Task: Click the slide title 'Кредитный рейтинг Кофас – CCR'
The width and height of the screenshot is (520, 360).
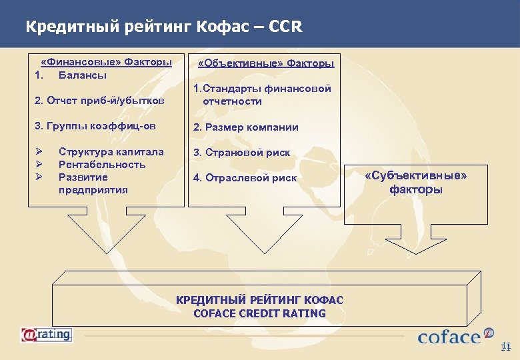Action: (163, 27)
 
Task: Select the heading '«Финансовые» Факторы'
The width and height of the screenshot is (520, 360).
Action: (106, 62)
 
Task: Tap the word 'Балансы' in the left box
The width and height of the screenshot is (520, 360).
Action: (83, 75)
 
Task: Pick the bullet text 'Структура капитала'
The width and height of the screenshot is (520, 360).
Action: (111, 151)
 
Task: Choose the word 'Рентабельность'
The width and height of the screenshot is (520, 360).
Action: (102, 164)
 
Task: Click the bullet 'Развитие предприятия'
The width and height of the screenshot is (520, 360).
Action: (93, 183)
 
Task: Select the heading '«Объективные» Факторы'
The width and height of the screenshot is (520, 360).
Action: (266, 63)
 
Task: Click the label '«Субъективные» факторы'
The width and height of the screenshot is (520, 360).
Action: (416, 182)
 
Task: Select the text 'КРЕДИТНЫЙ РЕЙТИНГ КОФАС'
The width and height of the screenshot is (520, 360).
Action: (259, 300)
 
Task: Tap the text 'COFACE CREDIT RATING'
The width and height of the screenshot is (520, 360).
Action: (259, 313)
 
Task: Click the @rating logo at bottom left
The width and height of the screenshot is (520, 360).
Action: (47, 335)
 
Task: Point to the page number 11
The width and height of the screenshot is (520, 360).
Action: (505, 346)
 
